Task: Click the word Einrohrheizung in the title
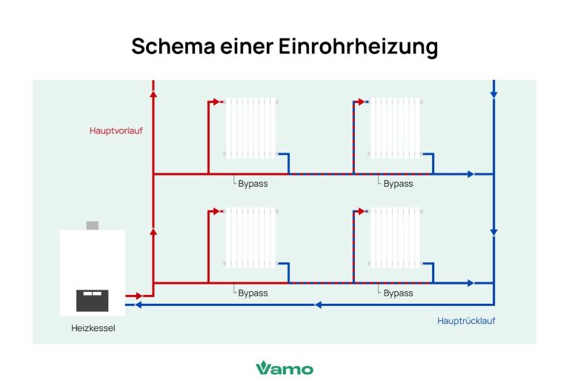pos(358,46)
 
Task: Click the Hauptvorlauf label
pos(116,130)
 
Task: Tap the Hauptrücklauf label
pos(466,321)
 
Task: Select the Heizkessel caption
pos(93,328)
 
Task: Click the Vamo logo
pos(284,368)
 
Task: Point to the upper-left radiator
pos(250,127)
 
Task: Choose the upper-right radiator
pos(395,127)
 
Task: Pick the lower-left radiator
pos(250,237)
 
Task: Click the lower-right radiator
pos(395,237)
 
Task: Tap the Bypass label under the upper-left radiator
pos(253,184)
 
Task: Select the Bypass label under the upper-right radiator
pos(398,184)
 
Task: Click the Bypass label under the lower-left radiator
pos(253,293)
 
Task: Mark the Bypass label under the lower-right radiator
pos(398,293)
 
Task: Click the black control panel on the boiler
pos(93,299)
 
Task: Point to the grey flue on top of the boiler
pos(93,225)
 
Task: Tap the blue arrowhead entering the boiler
pos(130,304)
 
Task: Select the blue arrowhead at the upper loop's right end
pos(470,174)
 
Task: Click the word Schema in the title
pos(168,46)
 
